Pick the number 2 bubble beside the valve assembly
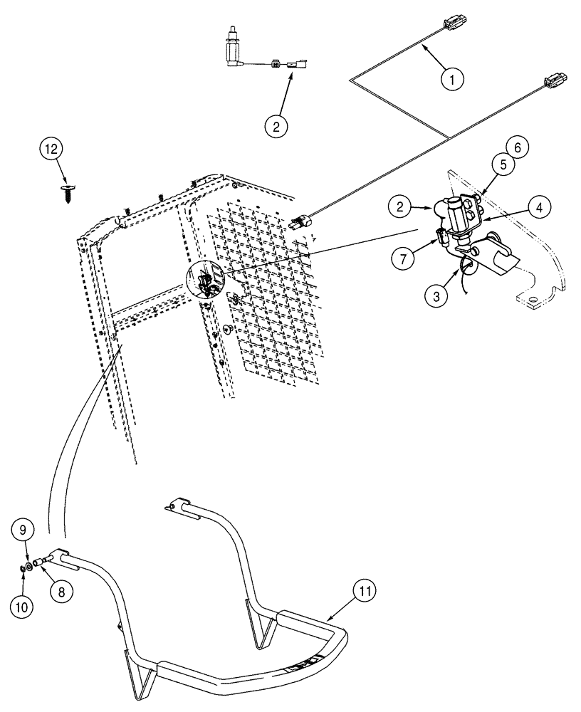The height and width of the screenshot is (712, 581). pyautogui.click(x=400, y=207)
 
